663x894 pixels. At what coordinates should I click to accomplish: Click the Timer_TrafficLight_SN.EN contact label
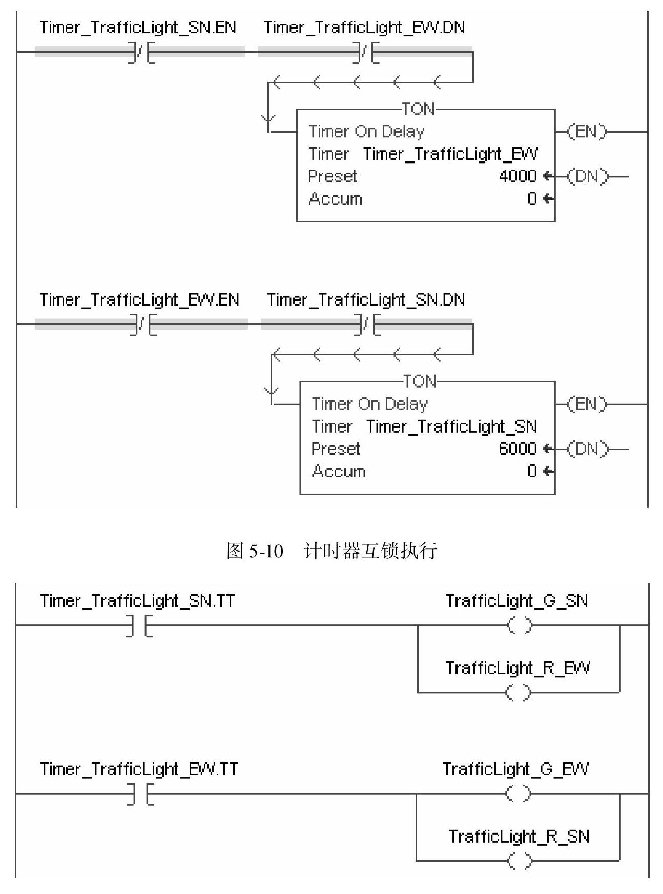click(x=138, y=28)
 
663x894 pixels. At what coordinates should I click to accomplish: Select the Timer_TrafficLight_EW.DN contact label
click(x=364, y=28)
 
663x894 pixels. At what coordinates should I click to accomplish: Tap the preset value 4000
click(x=517, y=176)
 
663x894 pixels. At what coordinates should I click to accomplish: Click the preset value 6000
click(x=517, y=449)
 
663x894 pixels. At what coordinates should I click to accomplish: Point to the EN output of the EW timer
click(x=586, y=132)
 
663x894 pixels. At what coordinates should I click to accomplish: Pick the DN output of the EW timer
click(x=586, y=177)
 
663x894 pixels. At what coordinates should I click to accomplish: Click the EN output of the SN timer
click(x=586, y=404)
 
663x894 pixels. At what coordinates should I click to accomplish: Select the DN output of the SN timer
click(x=586, y=450)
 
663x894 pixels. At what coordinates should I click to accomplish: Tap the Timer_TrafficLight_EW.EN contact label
click(x=139, y=300)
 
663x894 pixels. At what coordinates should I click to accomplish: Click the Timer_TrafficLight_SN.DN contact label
click(x=366, y=300)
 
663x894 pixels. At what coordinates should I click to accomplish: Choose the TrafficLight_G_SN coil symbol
click(x=519, y=625)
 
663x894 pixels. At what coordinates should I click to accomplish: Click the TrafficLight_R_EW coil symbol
click(x=519, y=693)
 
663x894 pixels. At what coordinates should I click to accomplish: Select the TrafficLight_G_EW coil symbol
click(x=519, y=794)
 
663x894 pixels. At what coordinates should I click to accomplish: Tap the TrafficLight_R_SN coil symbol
click(x=519, y=861)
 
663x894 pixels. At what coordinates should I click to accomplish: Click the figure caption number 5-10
click(x=265, y=551)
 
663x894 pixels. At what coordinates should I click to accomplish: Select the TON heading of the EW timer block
click(x=418, y=109)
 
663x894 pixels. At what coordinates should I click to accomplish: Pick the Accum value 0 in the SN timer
click(x=532, y=471)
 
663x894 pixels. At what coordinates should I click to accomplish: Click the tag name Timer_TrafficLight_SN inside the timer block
click(x=451, y=426)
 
